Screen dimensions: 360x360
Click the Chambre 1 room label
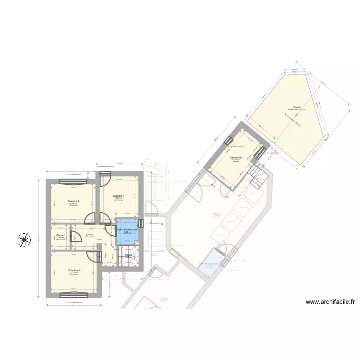(118, 196)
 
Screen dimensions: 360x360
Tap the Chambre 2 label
(73, 201)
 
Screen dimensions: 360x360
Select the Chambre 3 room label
(74, 270)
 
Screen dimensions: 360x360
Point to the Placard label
(60, 235)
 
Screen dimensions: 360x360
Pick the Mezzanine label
(236, 157)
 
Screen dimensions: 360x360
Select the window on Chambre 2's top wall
(73, 182)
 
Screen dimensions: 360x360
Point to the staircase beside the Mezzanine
(258, 176)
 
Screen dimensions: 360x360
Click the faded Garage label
(164, 298)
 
